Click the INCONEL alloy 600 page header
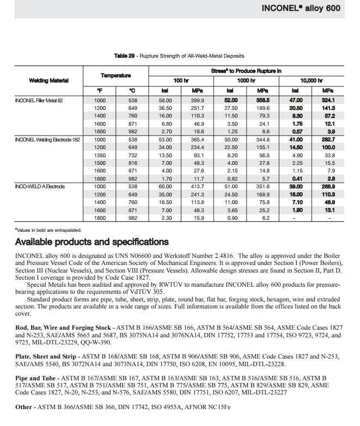coord(308,8)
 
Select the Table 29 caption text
coord(179,55)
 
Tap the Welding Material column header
coord(49,81)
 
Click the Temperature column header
coord(116,76)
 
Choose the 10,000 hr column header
coord(312,81)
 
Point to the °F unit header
coord(100,90)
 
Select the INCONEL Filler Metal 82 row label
coord(39,100)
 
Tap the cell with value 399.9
coord(198,100)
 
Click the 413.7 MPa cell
coord(198,187)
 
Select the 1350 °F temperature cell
coord(100,156)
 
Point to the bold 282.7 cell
coord(328,140)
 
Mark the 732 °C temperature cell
coord(132,156)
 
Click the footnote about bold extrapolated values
coord(49,230)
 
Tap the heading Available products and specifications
coord(91,242)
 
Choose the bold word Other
coord(23,406)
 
